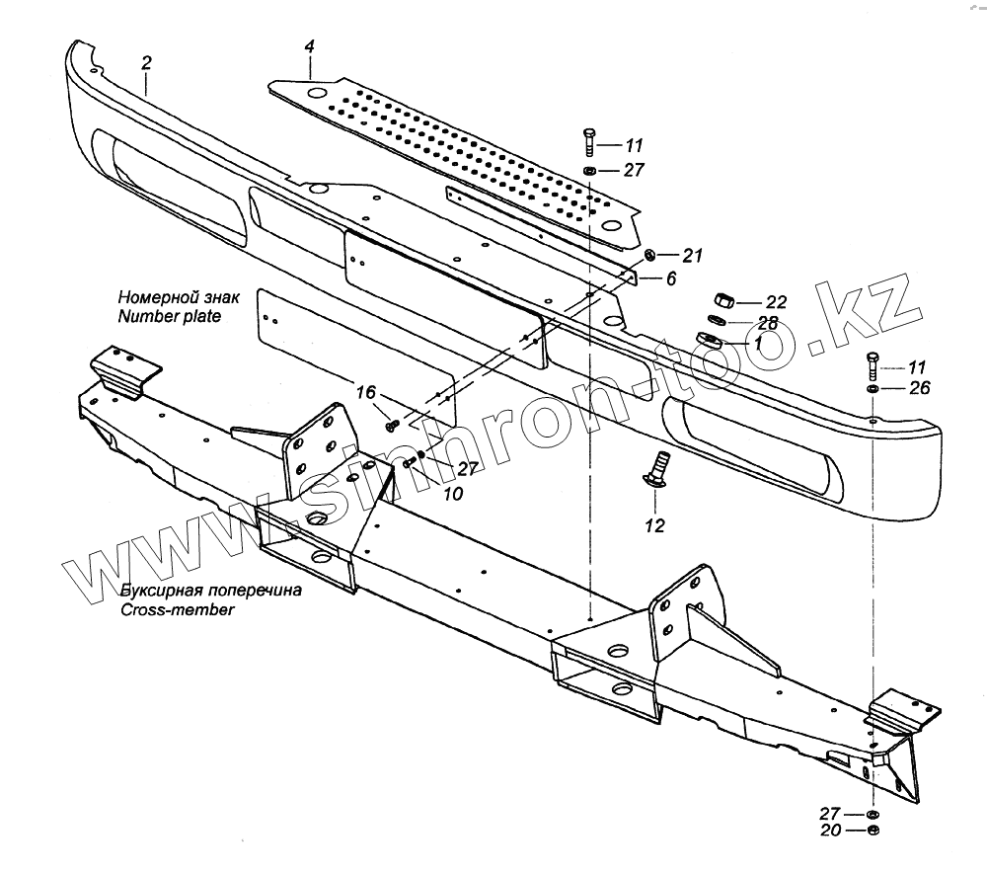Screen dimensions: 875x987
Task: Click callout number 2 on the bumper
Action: (146, 64)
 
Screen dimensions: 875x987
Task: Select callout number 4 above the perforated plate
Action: (310, 46)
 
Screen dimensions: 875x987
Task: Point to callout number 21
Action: (692, 256)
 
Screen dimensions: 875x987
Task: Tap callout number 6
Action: (670, 279)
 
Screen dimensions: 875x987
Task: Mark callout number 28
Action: (768, 323)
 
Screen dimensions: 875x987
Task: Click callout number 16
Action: (366, 393)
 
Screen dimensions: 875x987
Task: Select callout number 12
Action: (654, 525)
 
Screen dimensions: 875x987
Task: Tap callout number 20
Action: (830, 832)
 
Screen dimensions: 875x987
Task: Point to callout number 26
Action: (919, 388)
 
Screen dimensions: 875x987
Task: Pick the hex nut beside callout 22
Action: (722, 301)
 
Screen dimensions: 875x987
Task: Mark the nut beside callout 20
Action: (873, 832)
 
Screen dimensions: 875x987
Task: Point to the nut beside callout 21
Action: (650, 257)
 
